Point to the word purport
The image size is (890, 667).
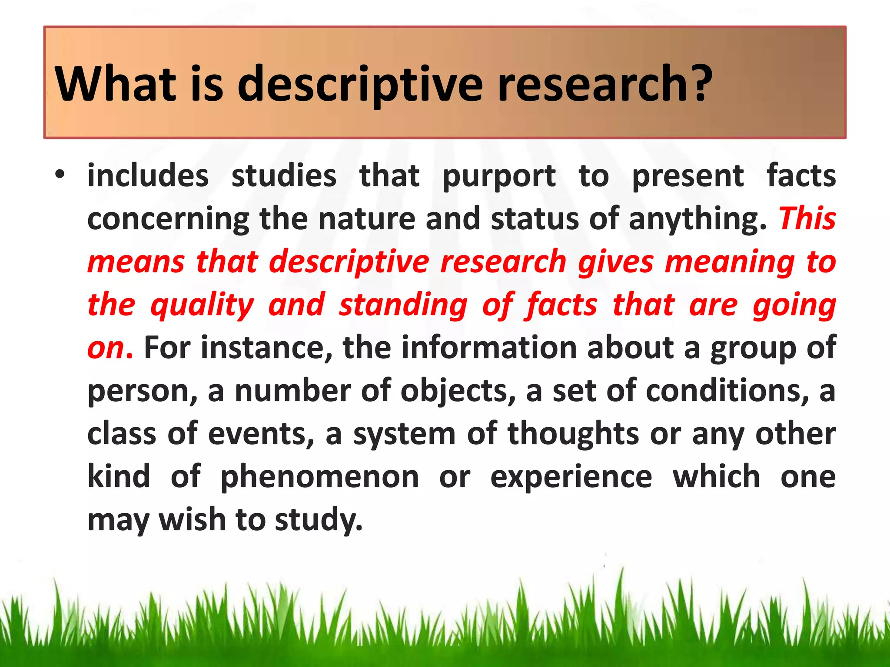499,176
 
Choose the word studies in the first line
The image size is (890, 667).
284,176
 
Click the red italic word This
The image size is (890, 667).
807,218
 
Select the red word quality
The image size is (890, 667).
202,305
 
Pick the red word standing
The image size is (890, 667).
403,305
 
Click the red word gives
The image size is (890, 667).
616,262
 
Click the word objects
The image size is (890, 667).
458,391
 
